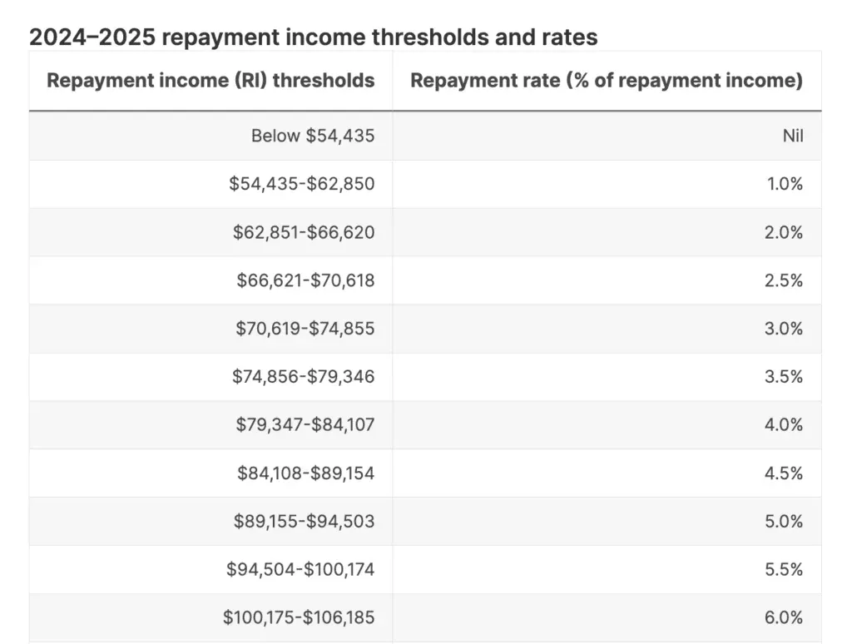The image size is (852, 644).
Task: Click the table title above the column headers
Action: (314, 37)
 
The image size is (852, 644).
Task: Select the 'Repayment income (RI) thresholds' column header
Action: (211, 81)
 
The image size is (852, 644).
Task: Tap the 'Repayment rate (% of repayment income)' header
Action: (607, 81)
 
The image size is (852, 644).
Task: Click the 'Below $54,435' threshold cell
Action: (313, 136)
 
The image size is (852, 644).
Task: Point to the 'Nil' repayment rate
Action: (793, 136)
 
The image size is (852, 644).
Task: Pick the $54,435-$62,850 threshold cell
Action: (301, 184)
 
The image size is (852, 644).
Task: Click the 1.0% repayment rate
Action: (785, 184)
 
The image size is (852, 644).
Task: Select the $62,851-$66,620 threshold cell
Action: (304, 232)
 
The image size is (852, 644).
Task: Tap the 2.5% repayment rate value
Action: (784, 280)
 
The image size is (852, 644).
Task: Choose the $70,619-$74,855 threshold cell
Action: (305, 329)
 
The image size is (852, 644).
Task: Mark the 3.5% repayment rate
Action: (784, 377)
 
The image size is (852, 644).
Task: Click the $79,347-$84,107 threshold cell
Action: (305, 424)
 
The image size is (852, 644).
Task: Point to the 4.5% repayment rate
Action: (784, 473)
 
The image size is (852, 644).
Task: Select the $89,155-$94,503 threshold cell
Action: (305, 521)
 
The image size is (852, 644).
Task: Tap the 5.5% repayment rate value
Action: (784, 569)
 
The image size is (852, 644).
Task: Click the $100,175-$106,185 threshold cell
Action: (299, 617)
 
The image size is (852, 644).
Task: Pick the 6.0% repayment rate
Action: (784, 617)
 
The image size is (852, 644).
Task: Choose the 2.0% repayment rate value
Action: (784, 232)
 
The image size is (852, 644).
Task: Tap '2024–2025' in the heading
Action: (92, 37)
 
